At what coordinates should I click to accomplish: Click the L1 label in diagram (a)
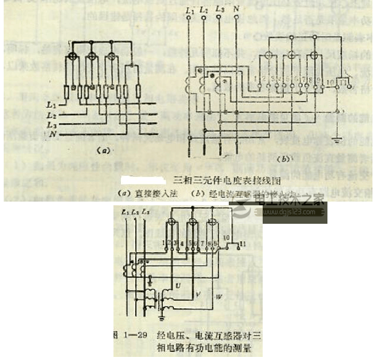click(52, 107)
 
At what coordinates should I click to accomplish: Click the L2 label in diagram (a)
click(52, 116)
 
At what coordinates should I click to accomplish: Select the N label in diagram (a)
click(52, 134)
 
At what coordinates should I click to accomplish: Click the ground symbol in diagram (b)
click(337, 141)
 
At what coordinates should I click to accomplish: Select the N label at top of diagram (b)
click(236, 10)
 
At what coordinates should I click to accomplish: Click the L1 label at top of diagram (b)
click(189, 10)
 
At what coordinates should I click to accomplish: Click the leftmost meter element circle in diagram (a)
click(72, 57)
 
